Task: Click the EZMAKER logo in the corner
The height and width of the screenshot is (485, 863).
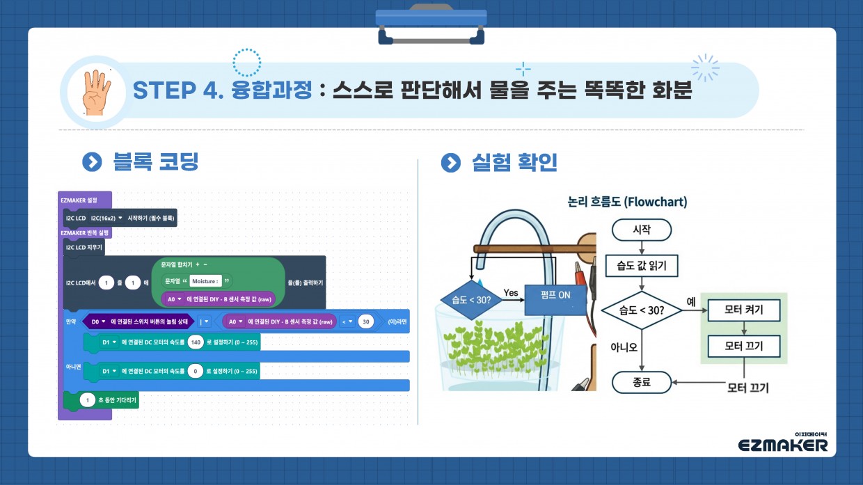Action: [x=783, y=444]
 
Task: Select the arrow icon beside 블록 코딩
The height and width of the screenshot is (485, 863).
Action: [x=92, y=162]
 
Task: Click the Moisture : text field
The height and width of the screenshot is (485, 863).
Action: [x=205, y=281]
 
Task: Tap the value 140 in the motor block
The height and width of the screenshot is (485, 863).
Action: [x=196, y=342]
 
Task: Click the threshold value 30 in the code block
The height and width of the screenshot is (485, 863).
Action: [x=366, y=321]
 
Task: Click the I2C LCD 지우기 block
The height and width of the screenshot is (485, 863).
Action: [x=84, y=247]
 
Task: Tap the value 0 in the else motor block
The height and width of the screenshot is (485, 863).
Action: [x=196, y=372]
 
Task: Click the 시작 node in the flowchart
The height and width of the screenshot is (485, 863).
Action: [x=641, y=230]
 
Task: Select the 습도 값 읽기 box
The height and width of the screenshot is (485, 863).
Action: [x=641, y=265]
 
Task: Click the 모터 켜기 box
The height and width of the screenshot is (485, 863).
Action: [x=743, y=310]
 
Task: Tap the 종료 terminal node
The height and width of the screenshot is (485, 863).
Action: [x=641, y=381]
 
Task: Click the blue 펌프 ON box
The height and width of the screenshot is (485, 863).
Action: [x=555, y=295]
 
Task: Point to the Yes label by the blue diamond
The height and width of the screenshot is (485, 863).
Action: [x=511, y=293]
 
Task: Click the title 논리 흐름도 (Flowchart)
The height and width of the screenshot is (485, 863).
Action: [x=627, y=202]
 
